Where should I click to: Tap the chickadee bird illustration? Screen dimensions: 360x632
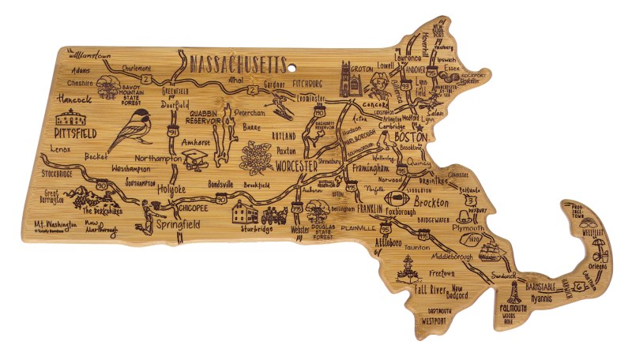click(x=130, y=129)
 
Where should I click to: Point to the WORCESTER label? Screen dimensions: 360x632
click(x=296, y=167)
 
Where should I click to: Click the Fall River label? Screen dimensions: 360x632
click(x=432, y=290)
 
